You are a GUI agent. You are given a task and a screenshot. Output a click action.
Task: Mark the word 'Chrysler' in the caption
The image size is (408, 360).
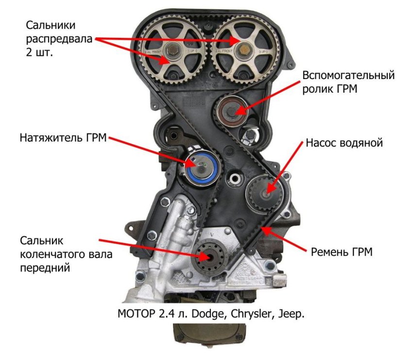(251, 313)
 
